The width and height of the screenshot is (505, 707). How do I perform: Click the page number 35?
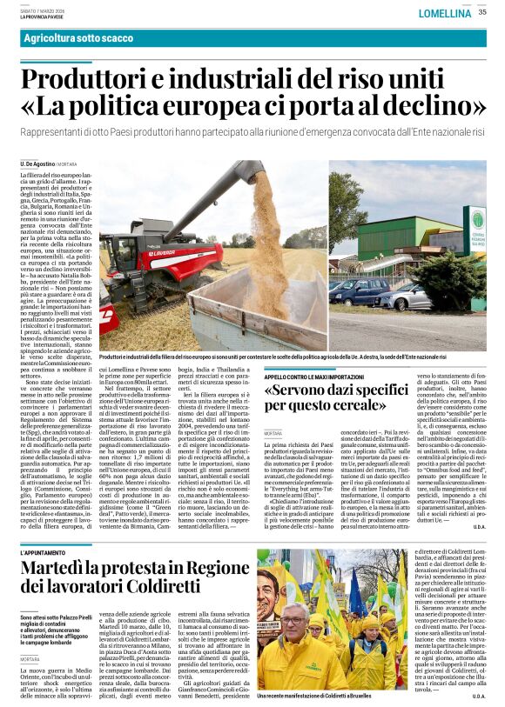[481, 11]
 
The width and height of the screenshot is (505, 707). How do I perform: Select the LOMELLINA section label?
[444, 13]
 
